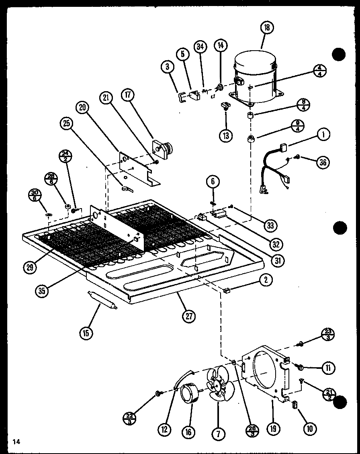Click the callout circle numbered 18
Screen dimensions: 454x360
point(267,27)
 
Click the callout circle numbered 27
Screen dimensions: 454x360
point(188,316)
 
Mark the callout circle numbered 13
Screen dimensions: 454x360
point(226,135)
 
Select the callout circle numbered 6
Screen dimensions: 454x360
point(213,182)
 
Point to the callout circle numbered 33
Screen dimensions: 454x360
point(270,225)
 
